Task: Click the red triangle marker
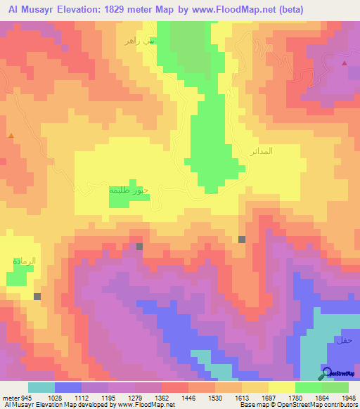pyautogui.click(x=345, y=63)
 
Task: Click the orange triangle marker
pyautogui.click(x=11, y=134)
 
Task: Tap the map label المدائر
pyautogui.click(x=261, y=151)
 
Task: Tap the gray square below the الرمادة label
pyautogui.click(x=37, y=297)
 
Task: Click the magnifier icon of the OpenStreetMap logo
pyautogui.click(x=326, y=372)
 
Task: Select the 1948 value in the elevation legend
pyautogui.click(x=340, y=398)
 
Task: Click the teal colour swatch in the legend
pyautogui.click(x=41, y=387)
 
